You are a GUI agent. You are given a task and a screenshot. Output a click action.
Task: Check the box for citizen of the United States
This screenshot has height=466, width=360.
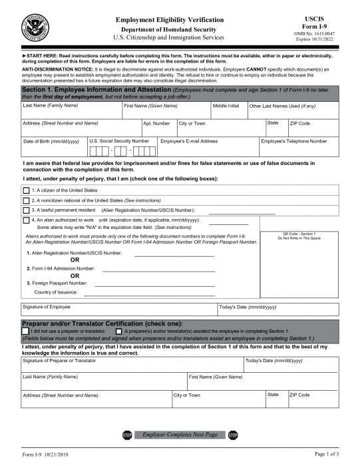[27, 190]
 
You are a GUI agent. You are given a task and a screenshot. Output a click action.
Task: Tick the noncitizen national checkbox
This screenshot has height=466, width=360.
[27, 200]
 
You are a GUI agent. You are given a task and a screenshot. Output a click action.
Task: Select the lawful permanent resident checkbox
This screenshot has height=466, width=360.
[27, 210]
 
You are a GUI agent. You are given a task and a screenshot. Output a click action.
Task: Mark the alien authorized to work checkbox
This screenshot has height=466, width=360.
[27, 220]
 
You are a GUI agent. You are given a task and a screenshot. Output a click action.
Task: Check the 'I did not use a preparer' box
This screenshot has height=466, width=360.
[25, 331]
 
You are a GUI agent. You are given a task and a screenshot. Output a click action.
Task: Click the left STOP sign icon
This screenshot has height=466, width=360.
[127, 435]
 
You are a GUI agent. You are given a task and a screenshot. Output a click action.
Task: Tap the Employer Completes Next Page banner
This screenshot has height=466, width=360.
[180, 435]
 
